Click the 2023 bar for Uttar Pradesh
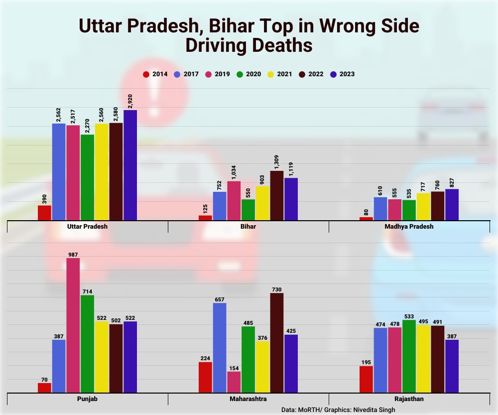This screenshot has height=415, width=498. pos(130,165)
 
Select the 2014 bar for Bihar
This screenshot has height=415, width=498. pos(205,218)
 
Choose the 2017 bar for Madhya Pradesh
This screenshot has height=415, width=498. pos(380,209)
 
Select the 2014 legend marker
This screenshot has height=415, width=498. pos(146,74)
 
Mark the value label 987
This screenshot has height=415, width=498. pos(73,255)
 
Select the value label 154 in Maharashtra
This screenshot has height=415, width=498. pos(234,368)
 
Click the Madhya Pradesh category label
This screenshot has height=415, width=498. pos(409,226)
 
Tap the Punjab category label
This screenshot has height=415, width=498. pos(87,399)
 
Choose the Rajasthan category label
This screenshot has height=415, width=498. pos(409,399)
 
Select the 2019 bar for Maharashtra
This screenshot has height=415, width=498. pos(234,382)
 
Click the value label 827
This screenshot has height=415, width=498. pos(452,182)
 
